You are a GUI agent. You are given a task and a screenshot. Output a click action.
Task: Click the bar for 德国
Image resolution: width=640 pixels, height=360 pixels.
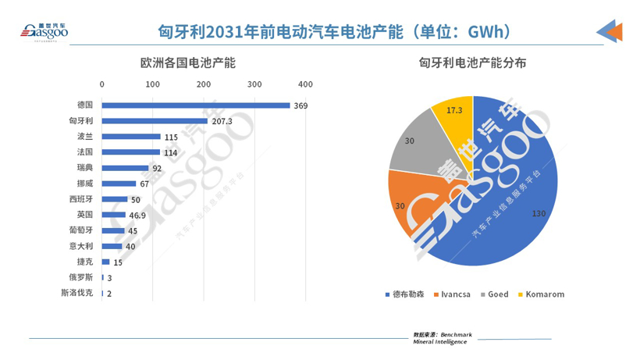tap(195, 105)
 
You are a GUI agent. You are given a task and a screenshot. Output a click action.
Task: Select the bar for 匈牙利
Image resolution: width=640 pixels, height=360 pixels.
tap(155, 121)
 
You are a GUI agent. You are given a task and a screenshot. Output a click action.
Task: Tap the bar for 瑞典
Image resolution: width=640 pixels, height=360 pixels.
tap(125, 168)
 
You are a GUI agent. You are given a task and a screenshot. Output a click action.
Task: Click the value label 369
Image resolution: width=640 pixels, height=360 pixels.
tap(300, 105)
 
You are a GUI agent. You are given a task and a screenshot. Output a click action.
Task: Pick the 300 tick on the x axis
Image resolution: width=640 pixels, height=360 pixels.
tap(254, 84)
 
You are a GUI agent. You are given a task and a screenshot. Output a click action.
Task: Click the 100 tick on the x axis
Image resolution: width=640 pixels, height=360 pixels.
tap(153, 84)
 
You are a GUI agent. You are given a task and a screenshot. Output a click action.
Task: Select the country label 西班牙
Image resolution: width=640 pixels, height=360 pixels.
tap(80, 199)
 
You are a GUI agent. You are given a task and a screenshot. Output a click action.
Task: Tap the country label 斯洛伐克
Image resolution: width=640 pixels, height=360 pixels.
tap(76, 293)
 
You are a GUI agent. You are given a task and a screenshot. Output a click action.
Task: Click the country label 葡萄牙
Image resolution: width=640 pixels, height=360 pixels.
tap(80, 230)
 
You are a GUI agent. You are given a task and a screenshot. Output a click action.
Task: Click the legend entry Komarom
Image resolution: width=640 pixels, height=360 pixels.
tap(544, 294)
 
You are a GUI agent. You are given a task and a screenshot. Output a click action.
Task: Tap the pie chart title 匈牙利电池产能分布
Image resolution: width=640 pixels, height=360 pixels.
tap(475, 62)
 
